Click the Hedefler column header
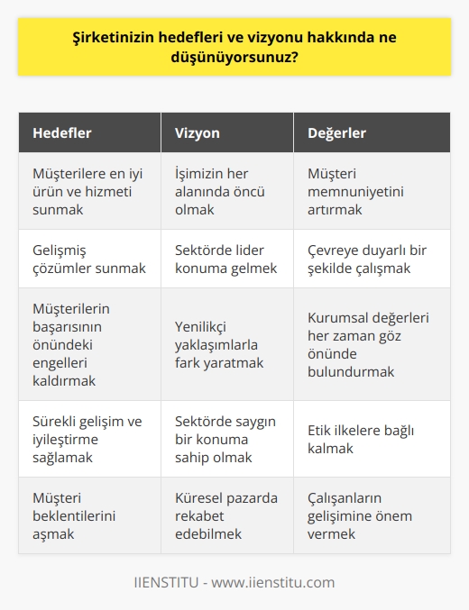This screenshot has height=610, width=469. (62, 132)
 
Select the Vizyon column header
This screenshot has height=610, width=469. (197, 132)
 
